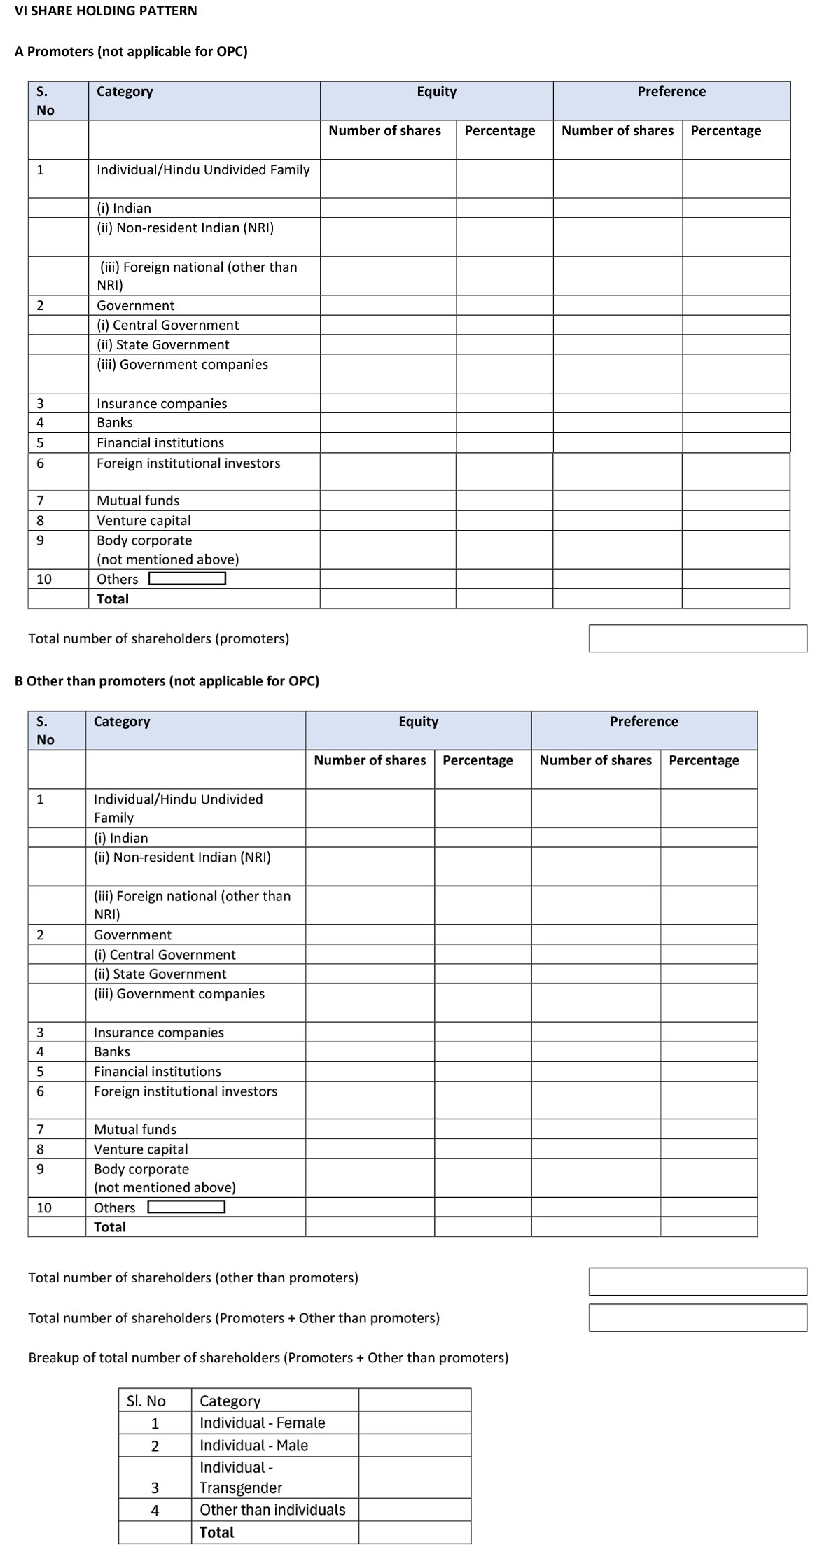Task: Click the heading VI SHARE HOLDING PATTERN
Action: [106, 11]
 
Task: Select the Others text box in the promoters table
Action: [187, 578]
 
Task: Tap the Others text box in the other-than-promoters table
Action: [186, 1207]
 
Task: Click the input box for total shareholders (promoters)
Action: [697, 638]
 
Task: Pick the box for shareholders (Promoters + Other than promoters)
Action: [697, 1318]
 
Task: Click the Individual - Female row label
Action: [262, 1423]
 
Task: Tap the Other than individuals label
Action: [272, 1510]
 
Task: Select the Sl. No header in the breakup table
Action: [146, 1401]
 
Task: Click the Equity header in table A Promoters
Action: [436, 92]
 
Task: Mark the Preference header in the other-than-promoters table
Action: [643, 722]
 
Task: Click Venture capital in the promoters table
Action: [144, 521]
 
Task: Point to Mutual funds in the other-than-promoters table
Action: [135, 1129]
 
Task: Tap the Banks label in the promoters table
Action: [115, 423]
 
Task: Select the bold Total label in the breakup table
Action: [216, 1532]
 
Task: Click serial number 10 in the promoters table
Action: [44, 579]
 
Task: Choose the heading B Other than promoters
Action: [167, 681]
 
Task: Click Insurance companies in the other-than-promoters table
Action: [159, 1033]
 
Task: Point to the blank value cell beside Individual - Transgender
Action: [415, 1478]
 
